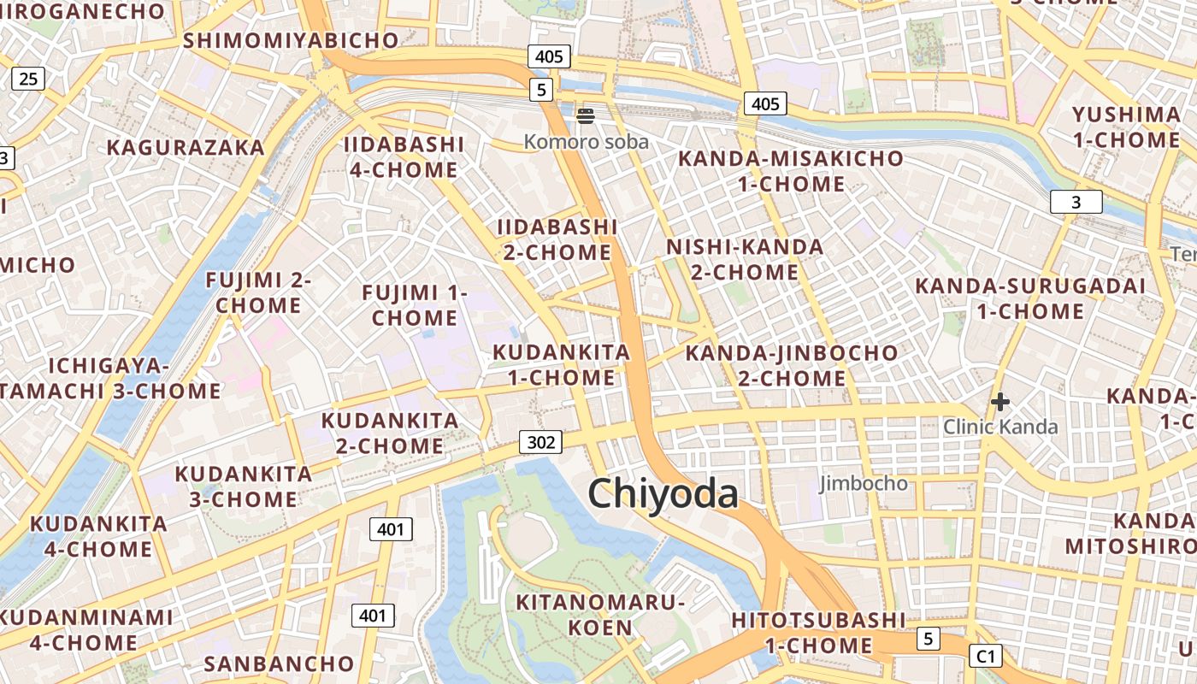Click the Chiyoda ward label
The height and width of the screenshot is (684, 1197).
(x=663, y=494)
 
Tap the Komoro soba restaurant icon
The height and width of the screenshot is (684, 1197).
(x=586, y=115)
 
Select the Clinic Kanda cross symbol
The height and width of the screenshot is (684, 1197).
(x=999, y=401)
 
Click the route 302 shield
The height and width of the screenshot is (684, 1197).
(x=541, y=442)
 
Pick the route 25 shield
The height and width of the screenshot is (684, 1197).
(x=27, y=80)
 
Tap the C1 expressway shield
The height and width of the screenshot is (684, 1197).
(x=985, y=656)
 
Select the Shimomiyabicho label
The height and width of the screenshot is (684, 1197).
(x=291, y=40)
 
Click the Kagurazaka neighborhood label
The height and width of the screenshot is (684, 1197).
(x=186, y=147)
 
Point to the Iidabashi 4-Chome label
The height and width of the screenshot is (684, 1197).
(x=404, y=157)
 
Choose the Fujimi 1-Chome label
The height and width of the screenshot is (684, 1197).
(x=415, y=305)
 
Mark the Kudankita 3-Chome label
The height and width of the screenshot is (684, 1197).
(x=244, y=486)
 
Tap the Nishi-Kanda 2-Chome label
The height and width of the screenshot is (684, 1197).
(x=745, y=260)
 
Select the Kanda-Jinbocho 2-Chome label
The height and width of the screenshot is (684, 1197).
(x=792, y=365)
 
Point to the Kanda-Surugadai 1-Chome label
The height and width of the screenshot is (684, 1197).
(x=1030, y=298)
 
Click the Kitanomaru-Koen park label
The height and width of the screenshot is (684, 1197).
(x=600, y=615)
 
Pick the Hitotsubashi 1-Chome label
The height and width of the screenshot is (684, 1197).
(x=818, y=633)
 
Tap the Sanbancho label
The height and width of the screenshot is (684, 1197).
(x=279, y=663)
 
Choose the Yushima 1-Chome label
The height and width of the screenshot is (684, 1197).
(x=1126, y=127)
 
